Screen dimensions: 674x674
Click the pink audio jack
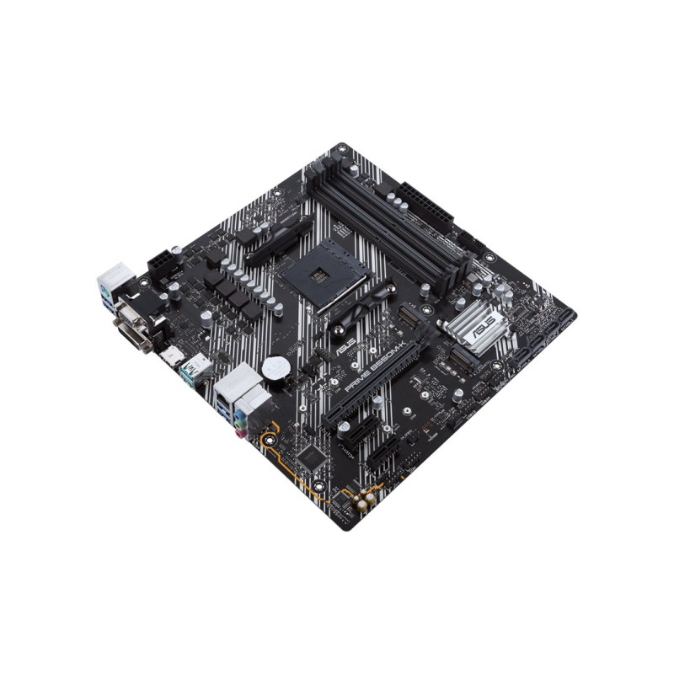click(241, 435)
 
